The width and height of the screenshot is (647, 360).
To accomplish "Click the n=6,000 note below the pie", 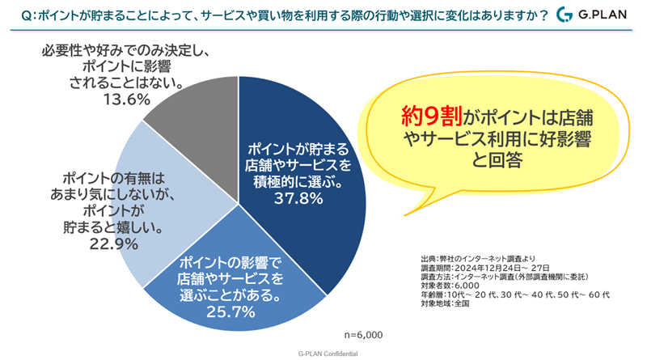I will pyautogui.click(x=362, y=333).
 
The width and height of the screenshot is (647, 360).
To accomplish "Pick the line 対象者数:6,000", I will pyautogui.click(x=454, y=285).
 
